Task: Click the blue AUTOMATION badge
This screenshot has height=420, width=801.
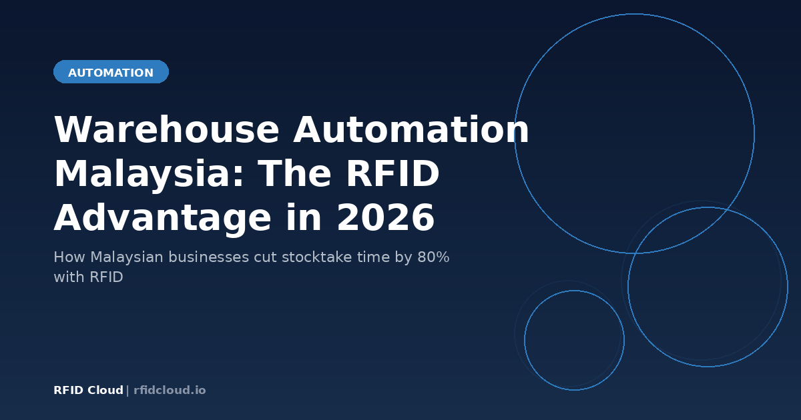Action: coord(111,73)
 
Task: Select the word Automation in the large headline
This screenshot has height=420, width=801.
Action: coord(411,130)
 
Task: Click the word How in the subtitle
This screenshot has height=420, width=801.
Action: coord(69,257)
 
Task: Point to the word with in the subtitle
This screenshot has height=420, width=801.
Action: coord(69,277)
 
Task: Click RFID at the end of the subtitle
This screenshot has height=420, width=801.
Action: coord(107,277)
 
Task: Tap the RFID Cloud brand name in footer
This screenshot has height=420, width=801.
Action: coord(88,391)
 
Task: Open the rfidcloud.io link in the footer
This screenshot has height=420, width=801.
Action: coord(170,391)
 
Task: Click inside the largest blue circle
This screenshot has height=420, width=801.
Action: coord(634,133)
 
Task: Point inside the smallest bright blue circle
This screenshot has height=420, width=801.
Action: coord(574,340)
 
